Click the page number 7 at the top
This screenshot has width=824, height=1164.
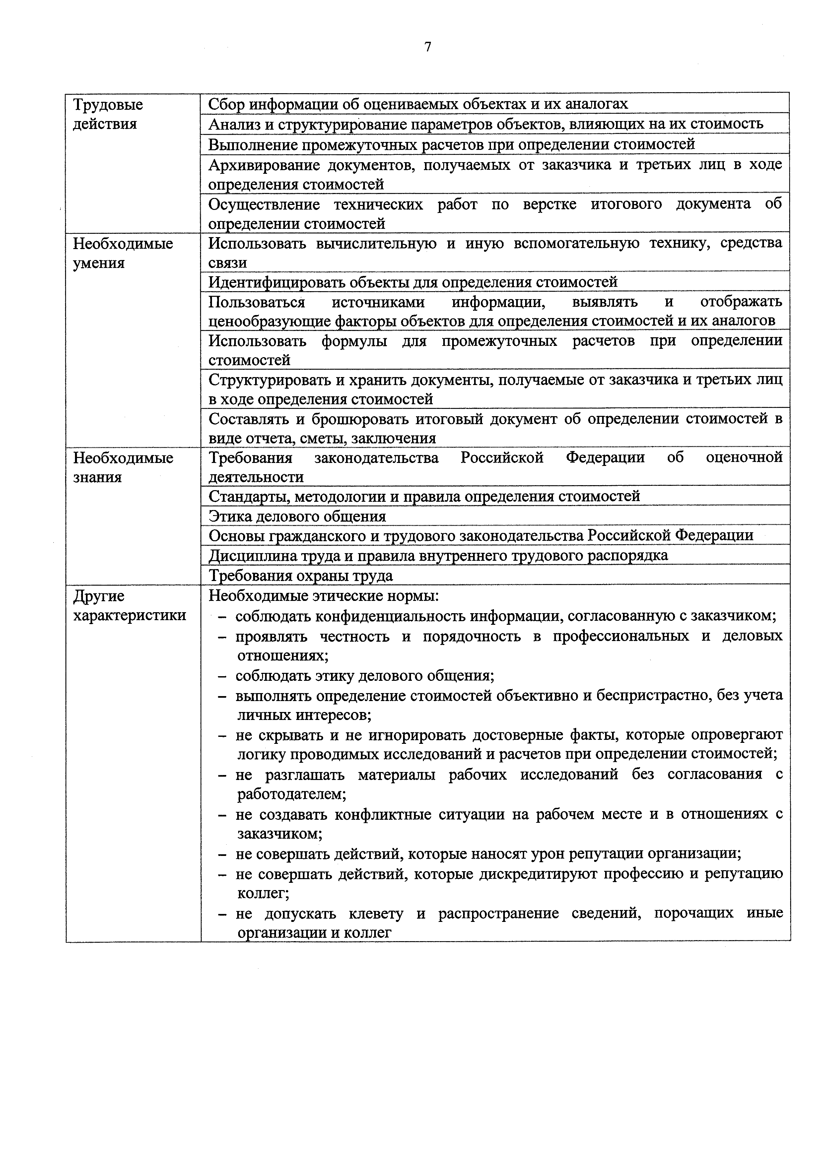(x=428, y=47)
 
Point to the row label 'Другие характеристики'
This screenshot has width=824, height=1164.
(x=129, y=606)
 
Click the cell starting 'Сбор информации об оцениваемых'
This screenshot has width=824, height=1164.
(x=418, y=104)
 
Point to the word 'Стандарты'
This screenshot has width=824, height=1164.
(x=245, y=496)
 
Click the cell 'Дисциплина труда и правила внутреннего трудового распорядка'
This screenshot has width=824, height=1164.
(x=439, y=556)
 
